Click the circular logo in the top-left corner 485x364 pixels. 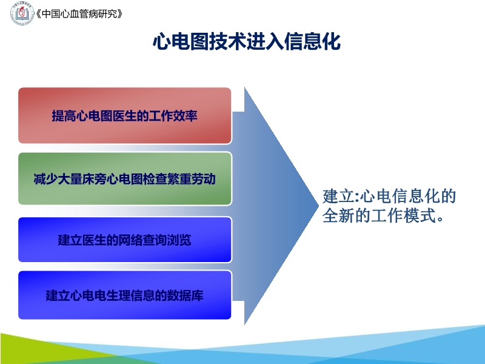coord(22,13)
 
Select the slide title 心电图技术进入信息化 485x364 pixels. coord(246,42)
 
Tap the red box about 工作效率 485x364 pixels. coord(124,115)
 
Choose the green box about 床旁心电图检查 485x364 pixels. coord(124,179)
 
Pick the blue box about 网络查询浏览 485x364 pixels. coord(124,239)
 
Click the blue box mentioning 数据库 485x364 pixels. coord(124,295)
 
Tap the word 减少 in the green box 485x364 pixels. coord(45,180)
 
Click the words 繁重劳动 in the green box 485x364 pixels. coord(191,180)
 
